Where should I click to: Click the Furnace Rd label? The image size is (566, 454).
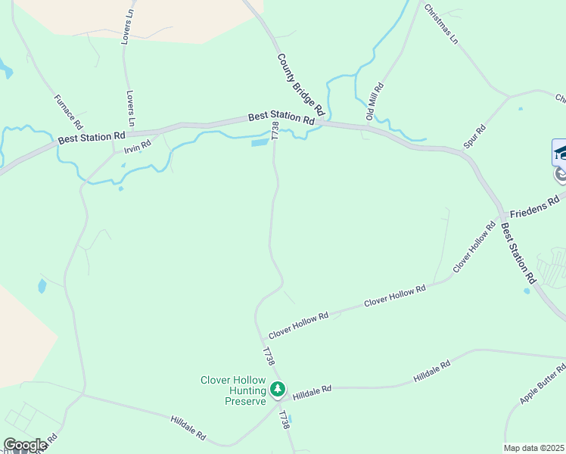click(68, 111)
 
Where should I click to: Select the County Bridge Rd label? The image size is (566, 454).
click(300, 84)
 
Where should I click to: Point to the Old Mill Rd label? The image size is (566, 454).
click(375, 101)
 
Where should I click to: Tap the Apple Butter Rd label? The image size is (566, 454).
click(543, 384)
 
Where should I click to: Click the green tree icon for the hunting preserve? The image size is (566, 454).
click(278, 390)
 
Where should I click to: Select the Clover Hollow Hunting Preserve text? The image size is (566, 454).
click(234, 390)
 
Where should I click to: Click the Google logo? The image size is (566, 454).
click(24, 445)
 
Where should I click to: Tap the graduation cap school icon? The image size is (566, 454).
click(561, 152)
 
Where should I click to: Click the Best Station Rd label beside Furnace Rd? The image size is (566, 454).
click(92, 138)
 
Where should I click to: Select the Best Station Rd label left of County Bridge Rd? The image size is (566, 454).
click(281, 119)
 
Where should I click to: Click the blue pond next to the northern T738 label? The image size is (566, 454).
click(260, 141)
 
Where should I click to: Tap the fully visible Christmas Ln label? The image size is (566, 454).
click(441, 23)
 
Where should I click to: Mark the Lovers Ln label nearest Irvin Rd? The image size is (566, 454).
click(131, 109)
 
